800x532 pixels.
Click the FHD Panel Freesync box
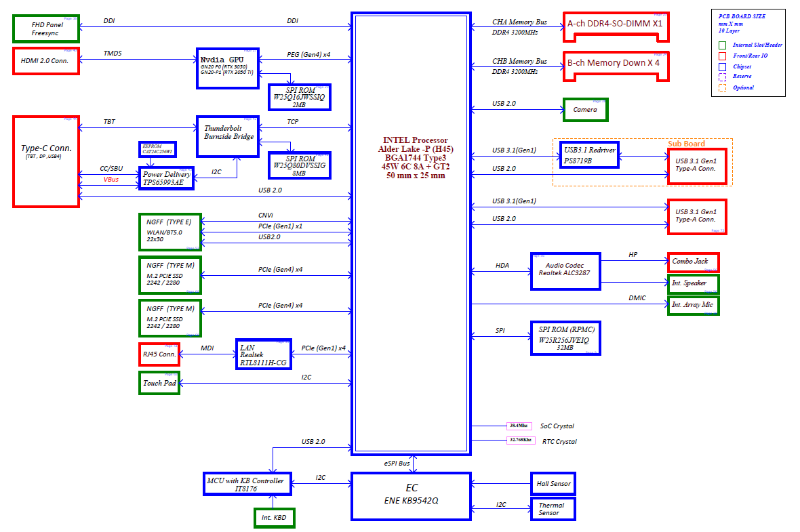pyautogui.click(x=46, y=28)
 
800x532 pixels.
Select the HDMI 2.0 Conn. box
pyautogui.click(x=46, y=61)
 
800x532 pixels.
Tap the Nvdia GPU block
pyautogui.click(x=226, y=68)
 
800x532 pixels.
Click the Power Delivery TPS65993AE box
pyautogui.click(x=167, y=178)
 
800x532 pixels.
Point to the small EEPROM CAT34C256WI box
pyautogui.click(x=157, y=148)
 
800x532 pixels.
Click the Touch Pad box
pyautogui.click(x=159, y=383)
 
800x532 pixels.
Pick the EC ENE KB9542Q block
pyautogui.click(x=411, y=496)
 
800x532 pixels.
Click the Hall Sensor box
pyautogui.click(x=553, y=484)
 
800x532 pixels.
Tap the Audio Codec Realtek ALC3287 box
pyautogui.click(x=566, y=271)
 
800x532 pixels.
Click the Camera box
pyautogui.click(x=585, y=110)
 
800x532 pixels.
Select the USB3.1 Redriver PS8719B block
pyautogui.click(x=588, y=156)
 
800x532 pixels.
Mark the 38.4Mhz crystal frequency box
pyautogui.click(x=519, y=426)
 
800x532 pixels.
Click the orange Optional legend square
pyautogui.click(x=722, y=87)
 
